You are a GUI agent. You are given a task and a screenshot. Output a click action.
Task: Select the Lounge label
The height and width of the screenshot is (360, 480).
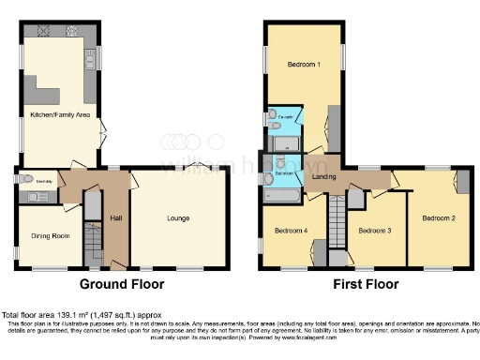pyautogui.click(x=178, y=218)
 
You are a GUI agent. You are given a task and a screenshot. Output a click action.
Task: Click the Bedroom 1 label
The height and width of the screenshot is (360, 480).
pyautogui.click(x=303, y=65)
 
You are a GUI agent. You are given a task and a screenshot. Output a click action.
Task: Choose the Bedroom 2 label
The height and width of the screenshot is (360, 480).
pyautogui.click(x=438, y=218)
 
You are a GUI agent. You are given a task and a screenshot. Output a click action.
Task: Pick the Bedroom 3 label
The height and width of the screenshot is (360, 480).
pyautogui.click(x=375, y=230)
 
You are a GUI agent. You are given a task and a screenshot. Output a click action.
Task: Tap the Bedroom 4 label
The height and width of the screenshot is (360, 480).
pyautogui.click(x=291, y=230)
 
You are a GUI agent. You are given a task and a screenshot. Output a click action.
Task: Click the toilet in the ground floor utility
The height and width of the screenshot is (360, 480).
pyautogui.click(x=28, y=178)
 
